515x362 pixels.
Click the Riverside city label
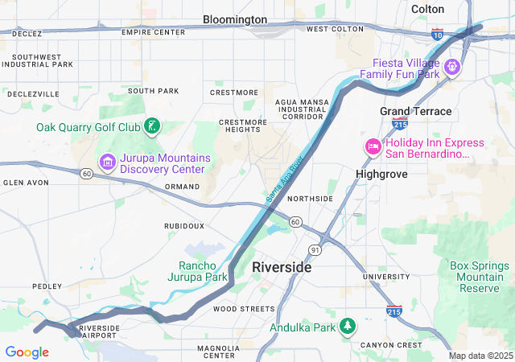coord(282,267)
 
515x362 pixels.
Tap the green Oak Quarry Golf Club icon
coord(150,126)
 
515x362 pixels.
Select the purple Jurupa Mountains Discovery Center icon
coord(107,163)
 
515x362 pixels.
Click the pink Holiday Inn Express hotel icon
coord(373,146)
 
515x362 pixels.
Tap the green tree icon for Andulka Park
coord(348,327)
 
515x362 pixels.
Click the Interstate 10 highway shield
coord(437,35)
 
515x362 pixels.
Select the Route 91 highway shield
coord(315,250)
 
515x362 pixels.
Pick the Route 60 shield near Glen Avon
coord(87,172)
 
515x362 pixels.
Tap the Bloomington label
coord(235,19)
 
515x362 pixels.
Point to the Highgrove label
coord(381,174)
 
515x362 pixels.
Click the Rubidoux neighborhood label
coord(184,226)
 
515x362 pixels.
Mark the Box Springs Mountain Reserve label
coord(480,277)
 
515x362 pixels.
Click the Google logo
coord(27,352)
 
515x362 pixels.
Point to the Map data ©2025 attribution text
coord(480,356)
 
